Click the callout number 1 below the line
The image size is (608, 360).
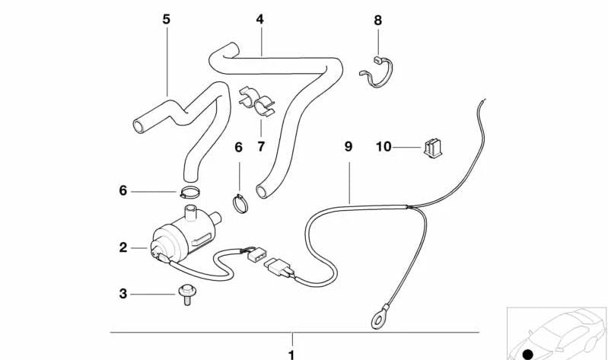(290, 353)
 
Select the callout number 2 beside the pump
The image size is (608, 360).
(123, 247)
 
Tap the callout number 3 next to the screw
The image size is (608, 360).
(123, 292)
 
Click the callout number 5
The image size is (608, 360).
(167, 18)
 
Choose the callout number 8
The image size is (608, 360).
(377, 20)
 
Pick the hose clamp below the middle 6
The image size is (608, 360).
(240, 202)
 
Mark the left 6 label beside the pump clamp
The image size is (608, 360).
(123, 191)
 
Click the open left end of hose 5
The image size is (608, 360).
(138, 125)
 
